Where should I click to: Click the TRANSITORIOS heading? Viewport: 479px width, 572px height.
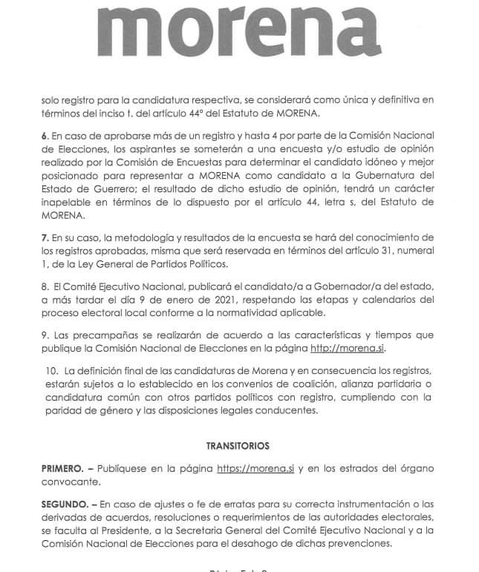coord(238,446)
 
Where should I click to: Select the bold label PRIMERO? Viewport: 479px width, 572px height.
coord(62,469)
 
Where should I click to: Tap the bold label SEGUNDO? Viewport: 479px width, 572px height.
coord(64,504)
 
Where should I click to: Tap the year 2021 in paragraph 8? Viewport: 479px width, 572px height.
coord(248,299)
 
